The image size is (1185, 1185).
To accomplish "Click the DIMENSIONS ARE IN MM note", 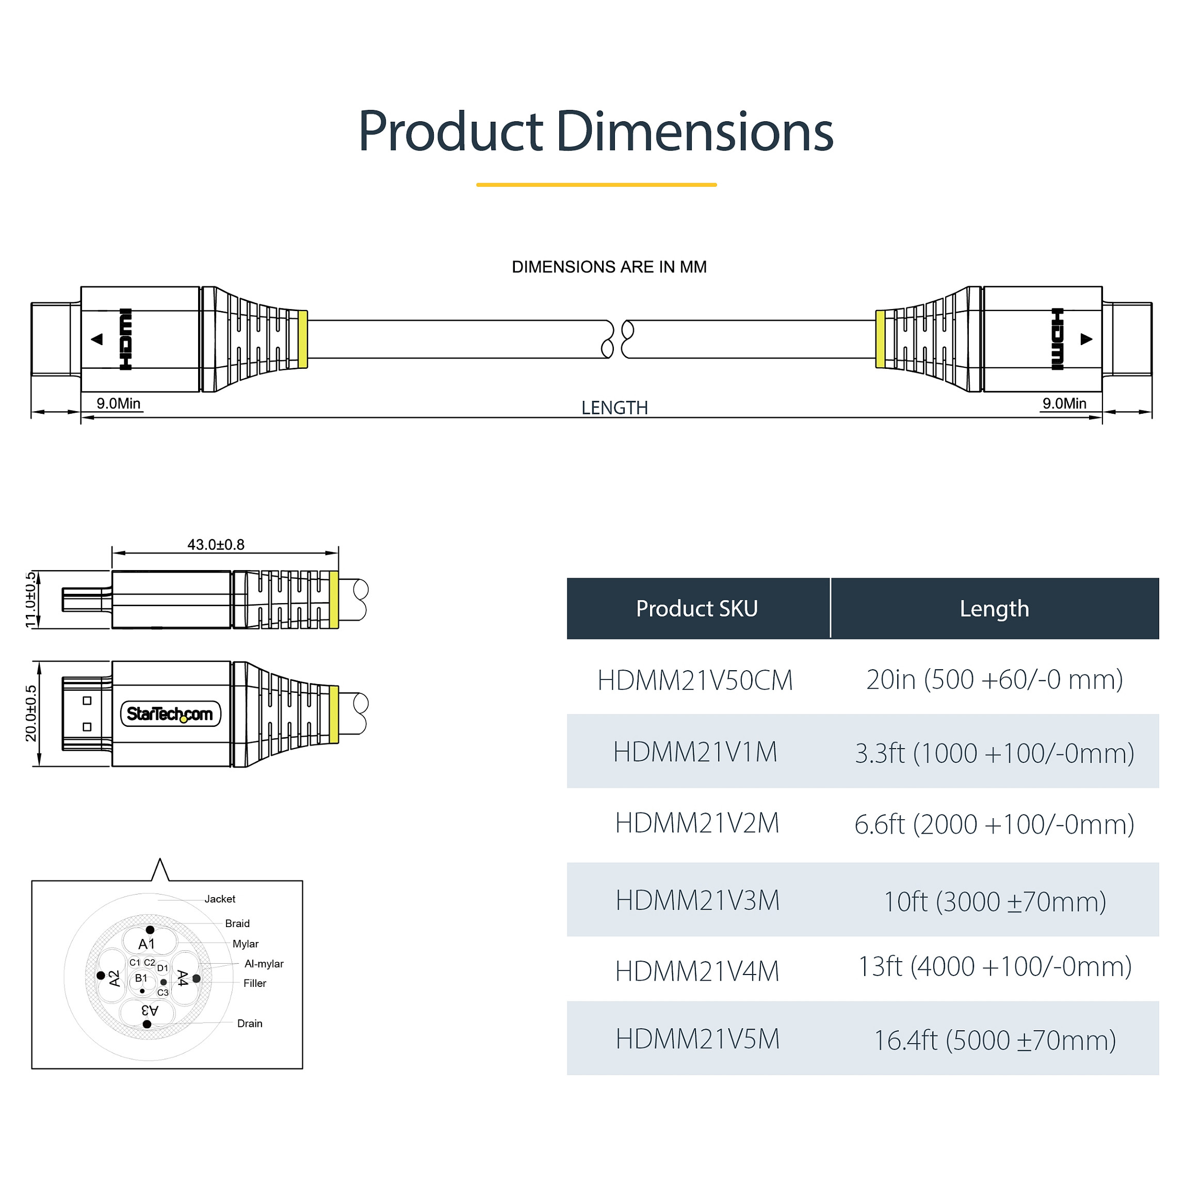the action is (609, 267).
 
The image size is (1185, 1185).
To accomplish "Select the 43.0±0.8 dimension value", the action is (216, 544).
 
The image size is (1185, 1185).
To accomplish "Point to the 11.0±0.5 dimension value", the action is (30, 600).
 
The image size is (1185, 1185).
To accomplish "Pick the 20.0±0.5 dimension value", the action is (30, 713).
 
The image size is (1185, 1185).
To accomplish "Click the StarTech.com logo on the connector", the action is (170, 713).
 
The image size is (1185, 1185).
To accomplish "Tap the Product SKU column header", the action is (697, 608).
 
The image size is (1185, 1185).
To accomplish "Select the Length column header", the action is (994, 608).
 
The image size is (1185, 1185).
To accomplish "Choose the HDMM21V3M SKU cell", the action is (697, 900).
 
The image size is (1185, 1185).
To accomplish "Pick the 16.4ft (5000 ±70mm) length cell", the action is (994, 1040).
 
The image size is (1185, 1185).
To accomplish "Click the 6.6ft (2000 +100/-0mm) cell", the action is (994, 824).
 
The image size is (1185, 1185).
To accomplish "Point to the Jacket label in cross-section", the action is (220, 899).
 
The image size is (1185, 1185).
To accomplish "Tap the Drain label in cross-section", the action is (250, 1023).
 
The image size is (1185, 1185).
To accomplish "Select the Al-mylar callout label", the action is (264, 964).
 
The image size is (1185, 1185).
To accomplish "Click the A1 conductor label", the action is (147, 944).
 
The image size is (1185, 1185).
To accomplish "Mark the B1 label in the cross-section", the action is (141, 978).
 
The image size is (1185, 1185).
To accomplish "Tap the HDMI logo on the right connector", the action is (1058, 338).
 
